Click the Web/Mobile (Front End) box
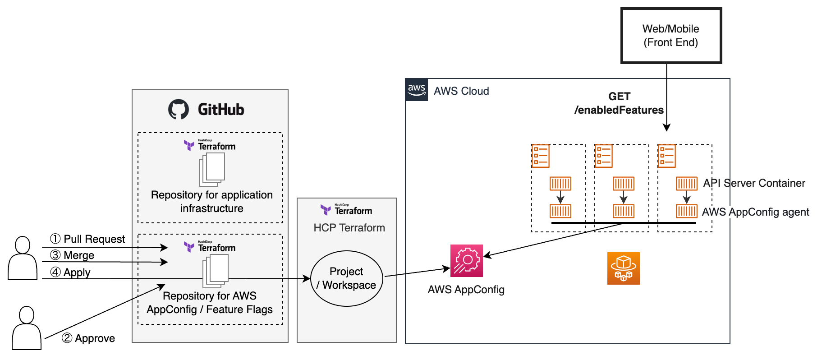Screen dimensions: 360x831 tap(671, 36)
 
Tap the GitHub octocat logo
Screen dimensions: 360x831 tap(179, 109)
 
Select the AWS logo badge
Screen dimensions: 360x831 tap(417, 89)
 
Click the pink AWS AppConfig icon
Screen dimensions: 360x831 tap(467, 261)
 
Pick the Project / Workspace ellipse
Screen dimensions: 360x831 tap(346, 278)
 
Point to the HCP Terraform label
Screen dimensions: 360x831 tap(349, 228)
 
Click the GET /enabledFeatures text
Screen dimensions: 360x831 tap(619, 103)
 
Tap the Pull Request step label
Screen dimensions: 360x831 tap(88, 239)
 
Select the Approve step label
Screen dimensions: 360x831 tap(88, 338)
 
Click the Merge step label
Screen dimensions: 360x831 tap(73, 255)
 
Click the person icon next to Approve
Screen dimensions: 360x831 tap(27, 328)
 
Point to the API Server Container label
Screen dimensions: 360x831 tap(754, 183)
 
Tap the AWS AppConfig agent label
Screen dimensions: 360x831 tap(755, 212)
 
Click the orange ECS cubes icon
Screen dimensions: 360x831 tap(624, 268)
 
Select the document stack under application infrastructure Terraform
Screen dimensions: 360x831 tap(212, 169)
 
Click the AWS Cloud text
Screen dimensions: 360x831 tap(461, 91)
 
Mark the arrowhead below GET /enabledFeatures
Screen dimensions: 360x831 tap(667, 128)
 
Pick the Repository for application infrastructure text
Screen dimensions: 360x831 tap(212, 202)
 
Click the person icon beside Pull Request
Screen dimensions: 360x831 tap(23, 258)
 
